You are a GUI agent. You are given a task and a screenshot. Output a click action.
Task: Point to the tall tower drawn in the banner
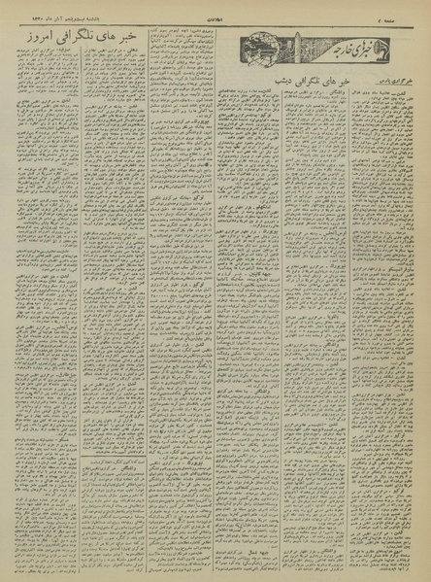297,43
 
